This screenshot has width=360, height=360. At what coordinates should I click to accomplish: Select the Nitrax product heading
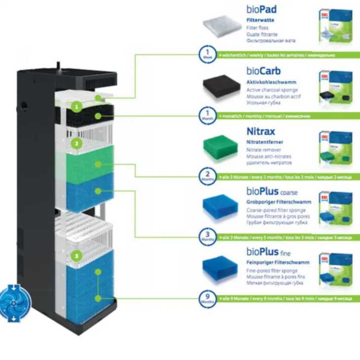[x=261, y=132]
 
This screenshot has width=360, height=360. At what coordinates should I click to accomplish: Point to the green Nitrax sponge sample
[x=220, y=146]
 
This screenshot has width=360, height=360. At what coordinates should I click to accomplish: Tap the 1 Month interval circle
[x=207, y=115]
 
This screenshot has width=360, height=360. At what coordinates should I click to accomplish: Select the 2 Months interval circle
[x=207, y=176]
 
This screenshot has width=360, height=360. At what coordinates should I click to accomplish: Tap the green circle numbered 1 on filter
[x=76, y=106]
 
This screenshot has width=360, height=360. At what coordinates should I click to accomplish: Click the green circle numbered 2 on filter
[x=76, y=144]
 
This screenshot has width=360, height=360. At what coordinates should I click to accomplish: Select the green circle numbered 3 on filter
[x=76, y=256]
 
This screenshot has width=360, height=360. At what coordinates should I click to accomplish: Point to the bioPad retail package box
[x=335, y=24]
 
